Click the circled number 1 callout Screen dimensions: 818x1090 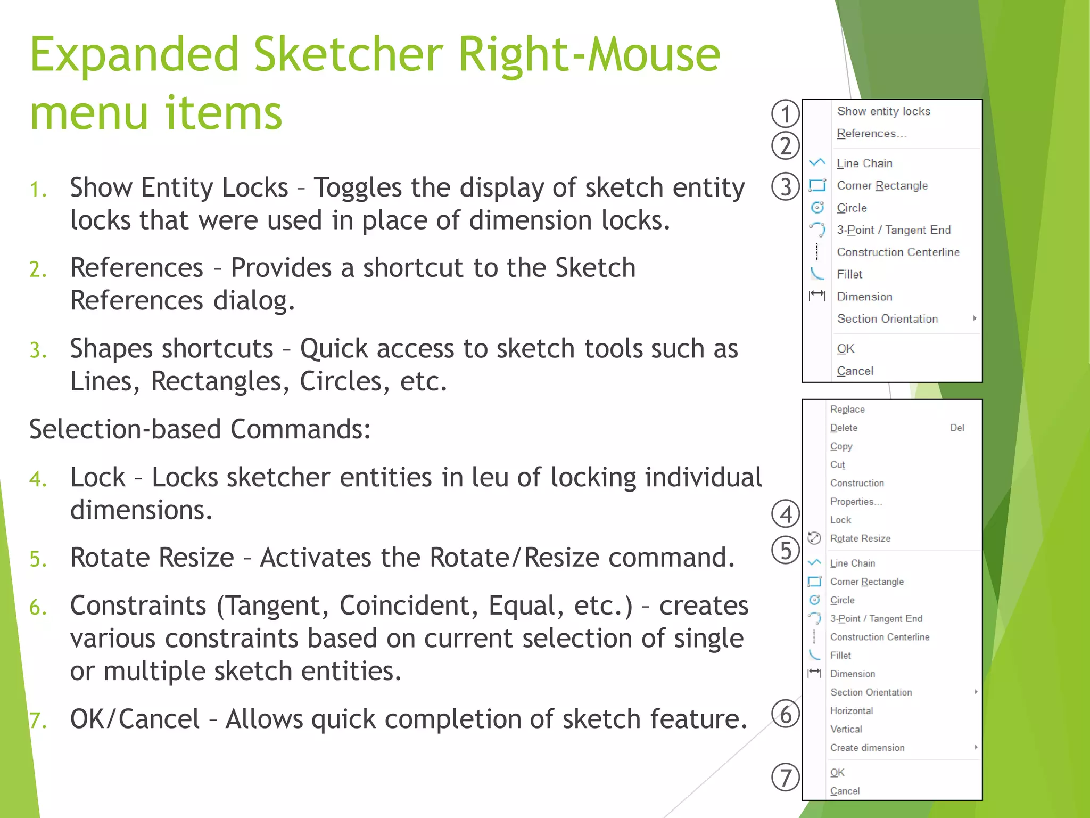785,113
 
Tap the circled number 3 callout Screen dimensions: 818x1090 785,187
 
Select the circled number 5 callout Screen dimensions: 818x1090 785,550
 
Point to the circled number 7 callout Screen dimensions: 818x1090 785,777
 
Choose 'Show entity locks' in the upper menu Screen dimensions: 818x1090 883,111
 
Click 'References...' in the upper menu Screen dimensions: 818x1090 871,134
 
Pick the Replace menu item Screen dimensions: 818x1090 847,410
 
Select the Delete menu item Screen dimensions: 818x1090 844,428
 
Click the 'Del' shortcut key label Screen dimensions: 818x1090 957,428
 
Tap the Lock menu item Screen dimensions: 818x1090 840,520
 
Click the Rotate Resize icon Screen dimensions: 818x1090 814,538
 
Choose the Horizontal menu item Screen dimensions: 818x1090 852,711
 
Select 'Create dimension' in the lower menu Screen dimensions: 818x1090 867,748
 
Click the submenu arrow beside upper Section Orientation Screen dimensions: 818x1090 975,318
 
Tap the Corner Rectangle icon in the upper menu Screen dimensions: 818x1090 817,185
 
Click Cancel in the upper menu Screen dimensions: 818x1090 855,371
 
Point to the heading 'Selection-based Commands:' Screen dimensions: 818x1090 200,429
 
